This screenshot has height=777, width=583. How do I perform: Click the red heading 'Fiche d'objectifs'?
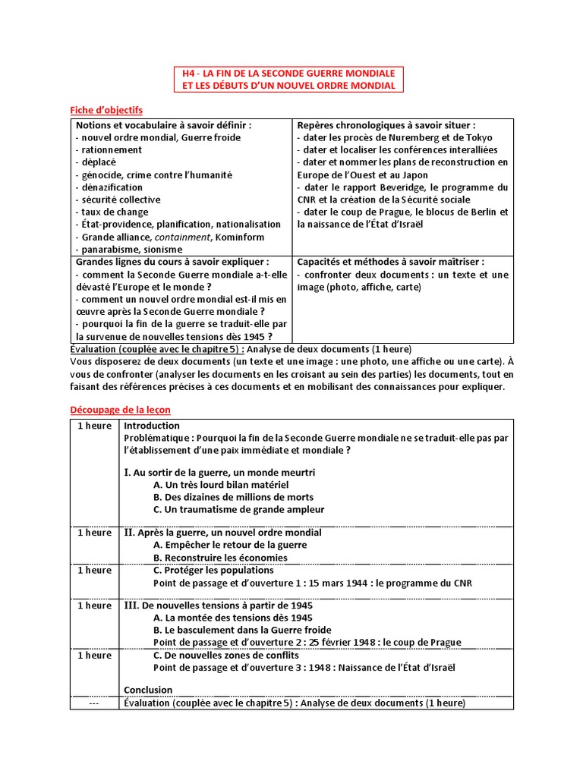(106, 110)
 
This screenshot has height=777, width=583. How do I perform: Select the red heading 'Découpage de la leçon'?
(120, 410)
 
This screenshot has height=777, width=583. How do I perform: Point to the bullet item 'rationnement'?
(111, 150)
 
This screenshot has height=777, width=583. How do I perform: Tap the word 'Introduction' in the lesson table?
(152, 426)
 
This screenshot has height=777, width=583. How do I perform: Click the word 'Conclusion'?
(148, 690)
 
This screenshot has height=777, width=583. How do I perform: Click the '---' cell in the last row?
(94, 703)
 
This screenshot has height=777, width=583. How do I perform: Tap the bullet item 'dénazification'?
(112, 187)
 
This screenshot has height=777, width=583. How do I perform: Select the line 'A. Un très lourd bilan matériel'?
(220, 484)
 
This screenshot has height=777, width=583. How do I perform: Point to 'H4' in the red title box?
(189, 74)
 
